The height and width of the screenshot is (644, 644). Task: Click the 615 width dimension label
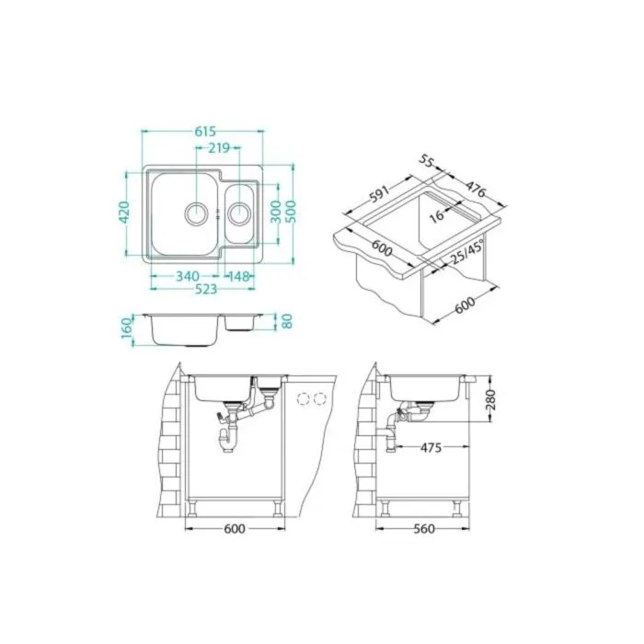[x=205, y=132]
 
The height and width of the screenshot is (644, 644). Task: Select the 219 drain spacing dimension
[x=219, y=148]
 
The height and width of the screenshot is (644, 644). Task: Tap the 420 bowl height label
[x=125, y=213]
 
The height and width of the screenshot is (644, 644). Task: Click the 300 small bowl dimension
[x=276, y=212]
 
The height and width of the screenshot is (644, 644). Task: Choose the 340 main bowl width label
[x=188, y=276]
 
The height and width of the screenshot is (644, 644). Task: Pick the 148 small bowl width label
[x=239, y=276]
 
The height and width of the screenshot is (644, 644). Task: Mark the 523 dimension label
[x=206, y=289]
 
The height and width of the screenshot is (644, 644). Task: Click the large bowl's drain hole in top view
[x=196, y=213]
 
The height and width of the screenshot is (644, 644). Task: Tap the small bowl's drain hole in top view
[x=238, y=213]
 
